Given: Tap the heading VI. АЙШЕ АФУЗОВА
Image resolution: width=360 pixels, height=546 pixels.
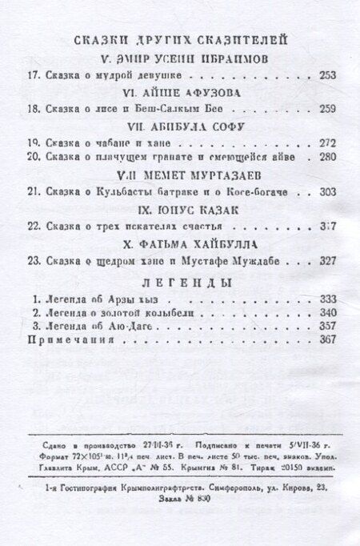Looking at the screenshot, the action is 180,92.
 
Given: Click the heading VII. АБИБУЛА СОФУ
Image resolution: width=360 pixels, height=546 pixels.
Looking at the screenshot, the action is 179,126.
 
